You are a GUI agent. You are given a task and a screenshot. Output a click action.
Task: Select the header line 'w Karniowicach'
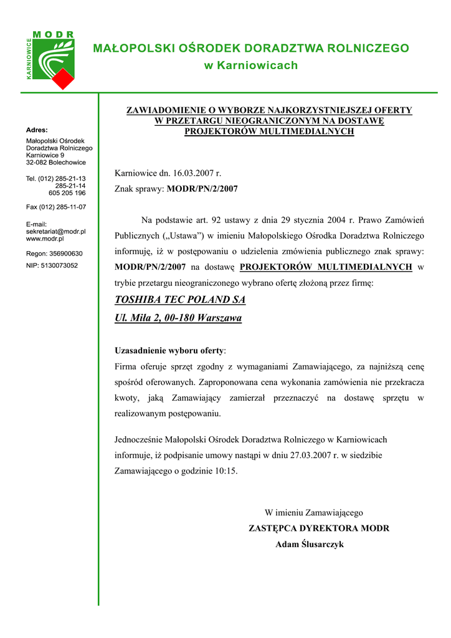pos(251,65)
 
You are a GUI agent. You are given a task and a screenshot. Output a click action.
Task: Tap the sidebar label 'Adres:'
pos(37,130)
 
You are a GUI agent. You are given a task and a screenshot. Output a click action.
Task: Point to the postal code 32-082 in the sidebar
pos(39,162)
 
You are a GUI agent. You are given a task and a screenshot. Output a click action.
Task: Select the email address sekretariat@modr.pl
pos(56,231)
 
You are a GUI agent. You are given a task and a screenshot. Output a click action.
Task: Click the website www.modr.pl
pos(45,239)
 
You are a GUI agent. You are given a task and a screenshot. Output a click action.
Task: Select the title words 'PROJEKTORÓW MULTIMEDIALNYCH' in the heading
pos(269,131)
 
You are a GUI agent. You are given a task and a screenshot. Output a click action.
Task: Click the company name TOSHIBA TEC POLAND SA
pos(181,300)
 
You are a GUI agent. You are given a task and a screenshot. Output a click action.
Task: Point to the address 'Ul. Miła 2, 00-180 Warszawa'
pos(179,318)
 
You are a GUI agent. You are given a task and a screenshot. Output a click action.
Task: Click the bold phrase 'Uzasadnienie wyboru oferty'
pos(169,350)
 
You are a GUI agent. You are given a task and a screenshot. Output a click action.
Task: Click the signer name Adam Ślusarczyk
pos(310,544)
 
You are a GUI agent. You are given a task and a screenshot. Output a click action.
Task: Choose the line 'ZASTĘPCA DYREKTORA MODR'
pos(319,528)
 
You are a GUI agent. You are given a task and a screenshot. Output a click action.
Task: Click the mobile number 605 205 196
pos(67,193)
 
